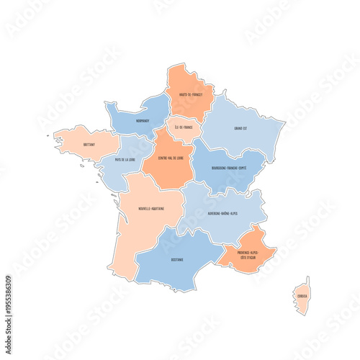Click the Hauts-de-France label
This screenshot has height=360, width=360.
click(191, 94)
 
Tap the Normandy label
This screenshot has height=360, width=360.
click(140, 121)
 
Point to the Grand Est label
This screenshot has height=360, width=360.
click(241, 129)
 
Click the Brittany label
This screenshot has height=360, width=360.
click(89, 144)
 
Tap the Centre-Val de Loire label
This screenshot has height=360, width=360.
click(171, 158)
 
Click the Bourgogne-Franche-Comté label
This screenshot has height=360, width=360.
click(229, 168)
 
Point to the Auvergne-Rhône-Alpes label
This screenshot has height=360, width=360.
click(222, 213)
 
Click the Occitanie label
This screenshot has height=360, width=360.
click(177, 259)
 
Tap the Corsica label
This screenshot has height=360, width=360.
click(302, 294)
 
